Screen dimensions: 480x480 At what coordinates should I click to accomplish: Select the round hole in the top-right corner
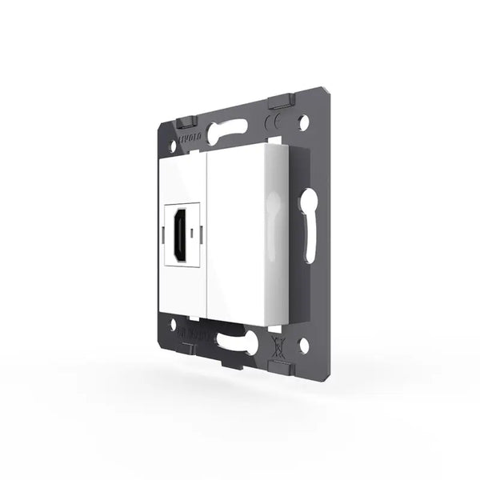pyautogui.click(x=303, y=125)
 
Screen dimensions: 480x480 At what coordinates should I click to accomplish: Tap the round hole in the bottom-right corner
pyautogui.click(x=303, y=346)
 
